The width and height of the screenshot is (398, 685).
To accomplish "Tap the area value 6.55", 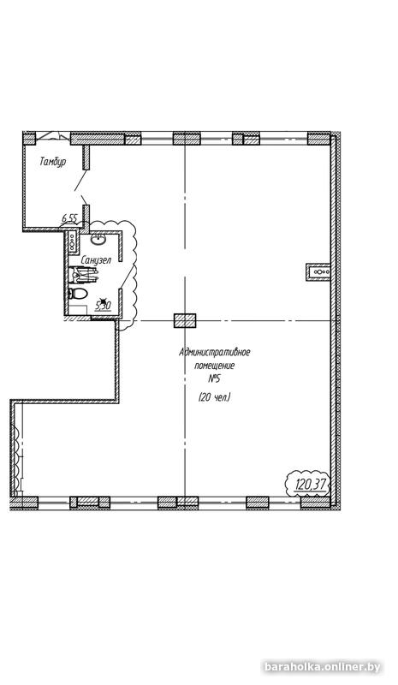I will tap(69, 219).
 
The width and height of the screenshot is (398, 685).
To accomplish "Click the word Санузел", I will tap(94, 259).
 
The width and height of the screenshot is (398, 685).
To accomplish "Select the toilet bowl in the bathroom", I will tap(79, 294).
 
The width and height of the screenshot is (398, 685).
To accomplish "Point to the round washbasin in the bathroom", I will tap(98, 239).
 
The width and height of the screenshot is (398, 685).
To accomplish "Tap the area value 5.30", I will tap(103, 305).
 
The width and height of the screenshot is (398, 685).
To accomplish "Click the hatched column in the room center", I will tap(185, 321).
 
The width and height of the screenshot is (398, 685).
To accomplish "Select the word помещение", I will tap(214, 366).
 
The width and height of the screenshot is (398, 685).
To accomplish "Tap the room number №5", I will tap(214, 378).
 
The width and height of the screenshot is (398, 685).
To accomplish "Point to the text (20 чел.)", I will tap(214, 397).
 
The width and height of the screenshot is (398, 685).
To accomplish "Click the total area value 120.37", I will tap(310, 484).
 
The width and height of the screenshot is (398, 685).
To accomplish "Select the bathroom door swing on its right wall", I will tap(127, 274).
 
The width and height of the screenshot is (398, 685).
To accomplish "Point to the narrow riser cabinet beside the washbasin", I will tap(74, 243).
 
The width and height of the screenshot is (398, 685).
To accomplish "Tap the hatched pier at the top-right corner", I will tap(319, 139).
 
